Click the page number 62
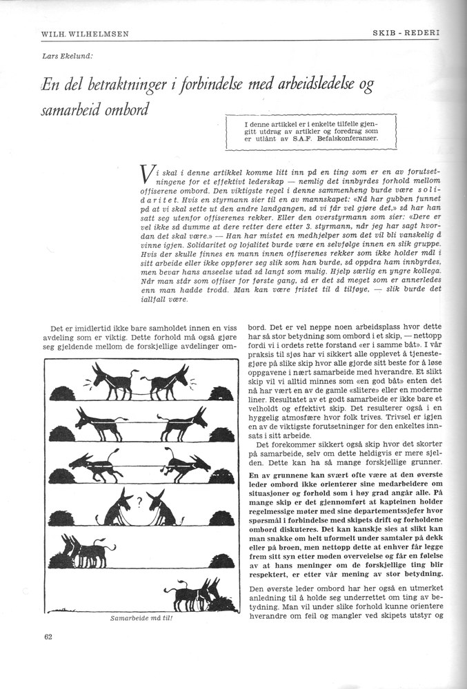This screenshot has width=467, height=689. (x=47, y=637)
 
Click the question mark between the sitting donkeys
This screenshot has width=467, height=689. (x=138, y=500)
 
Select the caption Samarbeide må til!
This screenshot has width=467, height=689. (x=139, y=618)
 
